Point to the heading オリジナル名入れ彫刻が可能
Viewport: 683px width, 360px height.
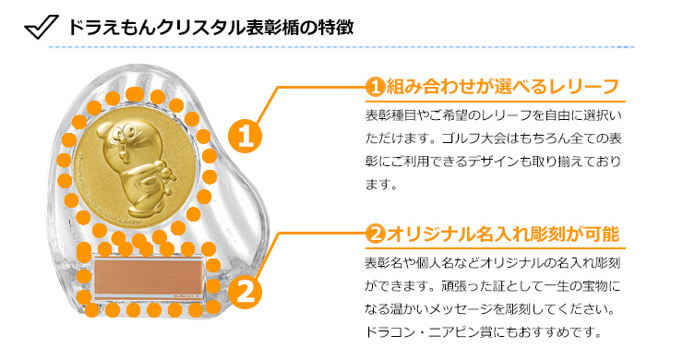[502, 234]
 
